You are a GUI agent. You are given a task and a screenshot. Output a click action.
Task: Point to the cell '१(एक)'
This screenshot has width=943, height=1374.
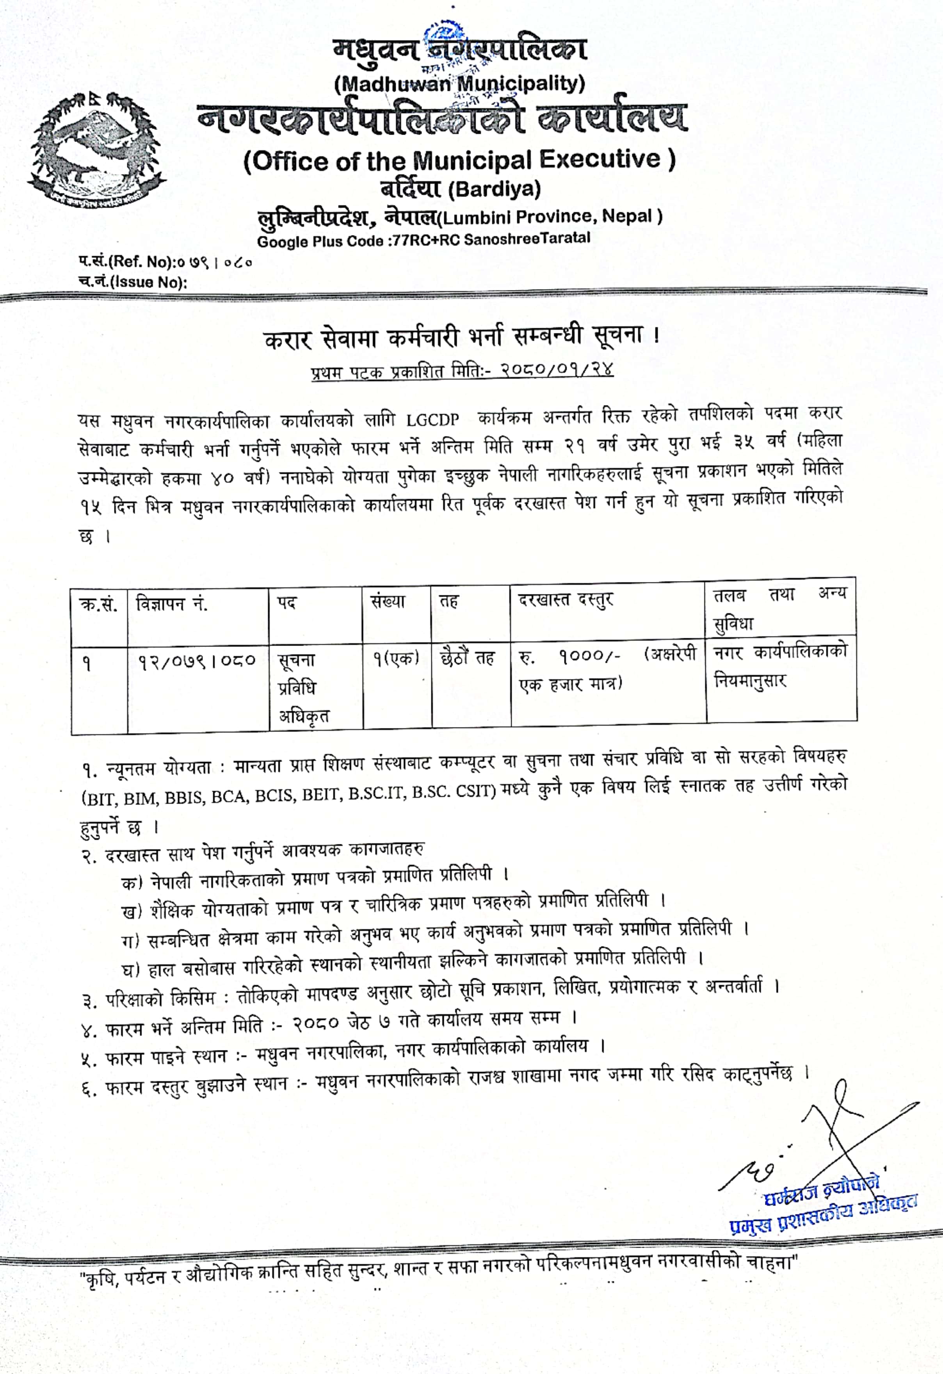(395, 657)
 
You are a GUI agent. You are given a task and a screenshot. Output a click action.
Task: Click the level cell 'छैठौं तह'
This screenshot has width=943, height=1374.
(468, 657)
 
